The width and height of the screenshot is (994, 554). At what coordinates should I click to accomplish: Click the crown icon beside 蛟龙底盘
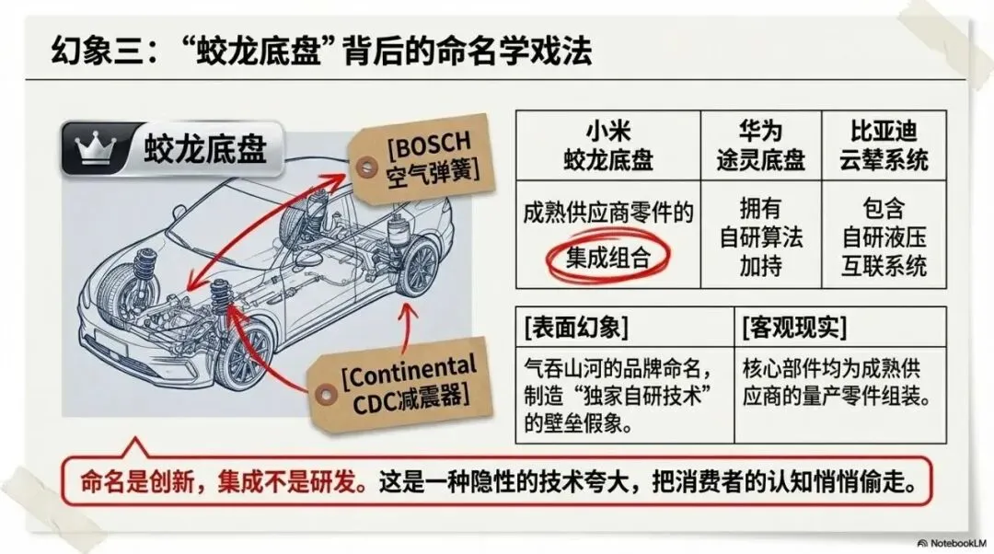coord(95,148)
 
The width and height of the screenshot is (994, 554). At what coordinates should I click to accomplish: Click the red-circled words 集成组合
coord(607,258)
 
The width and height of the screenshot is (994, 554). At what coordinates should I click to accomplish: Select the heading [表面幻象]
coord(574,327)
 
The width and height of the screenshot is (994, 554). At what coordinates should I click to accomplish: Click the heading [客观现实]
coord(794,327)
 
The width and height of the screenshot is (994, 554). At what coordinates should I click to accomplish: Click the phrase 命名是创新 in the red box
coord(138,482)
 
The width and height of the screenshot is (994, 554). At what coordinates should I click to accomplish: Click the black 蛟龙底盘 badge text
coord(204,148)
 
